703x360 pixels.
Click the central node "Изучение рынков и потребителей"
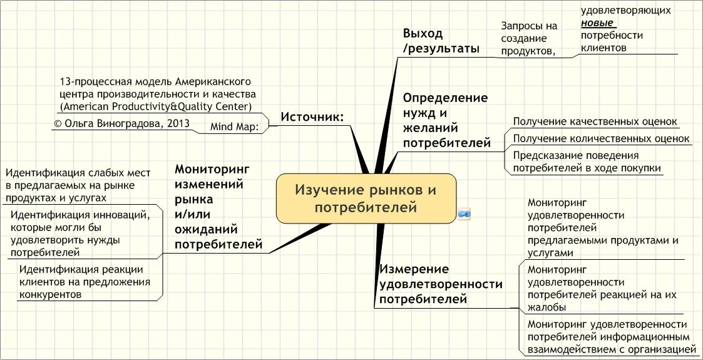(x=366, y=198)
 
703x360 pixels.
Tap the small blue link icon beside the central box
(x=464, y=214)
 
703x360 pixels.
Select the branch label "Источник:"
(x=312, y=117)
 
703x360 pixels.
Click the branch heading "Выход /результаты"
(x=441, y=41)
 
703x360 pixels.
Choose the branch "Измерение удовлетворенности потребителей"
(x=441, y=284)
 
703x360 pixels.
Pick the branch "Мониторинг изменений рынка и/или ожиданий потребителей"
(x=218, y=207)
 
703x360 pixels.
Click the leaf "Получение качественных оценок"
(x=595, y=121)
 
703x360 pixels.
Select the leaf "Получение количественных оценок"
(x=601, y=138)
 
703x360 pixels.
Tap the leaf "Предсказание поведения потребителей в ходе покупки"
(x=587, y=162)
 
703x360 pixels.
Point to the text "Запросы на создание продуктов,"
(x=529, y=39)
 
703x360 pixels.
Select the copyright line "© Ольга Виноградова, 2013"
(x=121, y=123)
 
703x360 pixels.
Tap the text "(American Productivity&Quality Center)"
(x=156, y=106)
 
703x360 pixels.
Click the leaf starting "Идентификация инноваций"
(x=80, y=234)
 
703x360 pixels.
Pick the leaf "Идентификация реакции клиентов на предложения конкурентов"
(x=85, y=282)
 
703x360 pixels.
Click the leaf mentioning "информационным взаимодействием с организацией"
(x=611, y=337)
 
